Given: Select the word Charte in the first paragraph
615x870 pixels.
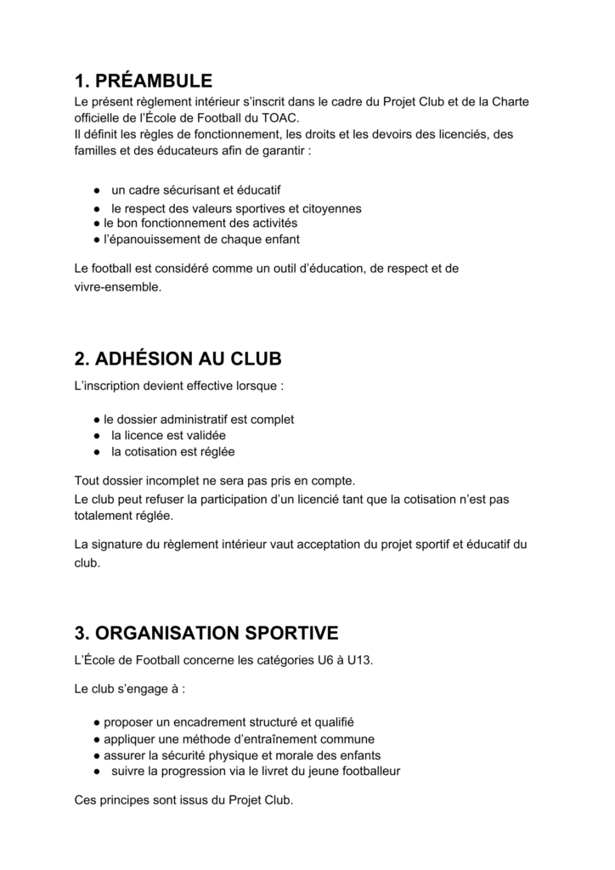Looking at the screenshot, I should pos(510,102).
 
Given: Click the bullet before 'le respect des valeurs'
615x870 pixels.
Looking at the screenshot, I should pos(98,208).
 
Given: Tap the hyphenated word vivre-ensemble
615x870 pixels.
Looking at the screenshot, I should pos(117,287).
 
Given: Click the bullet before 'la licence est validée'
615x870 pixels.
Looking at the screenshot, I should pos(98,436).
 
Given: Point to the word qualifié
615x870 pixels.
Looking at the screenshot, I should pos(328,722).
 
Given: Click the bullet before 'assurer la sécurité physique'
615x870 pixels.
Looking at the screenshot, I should pos(98,755).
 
